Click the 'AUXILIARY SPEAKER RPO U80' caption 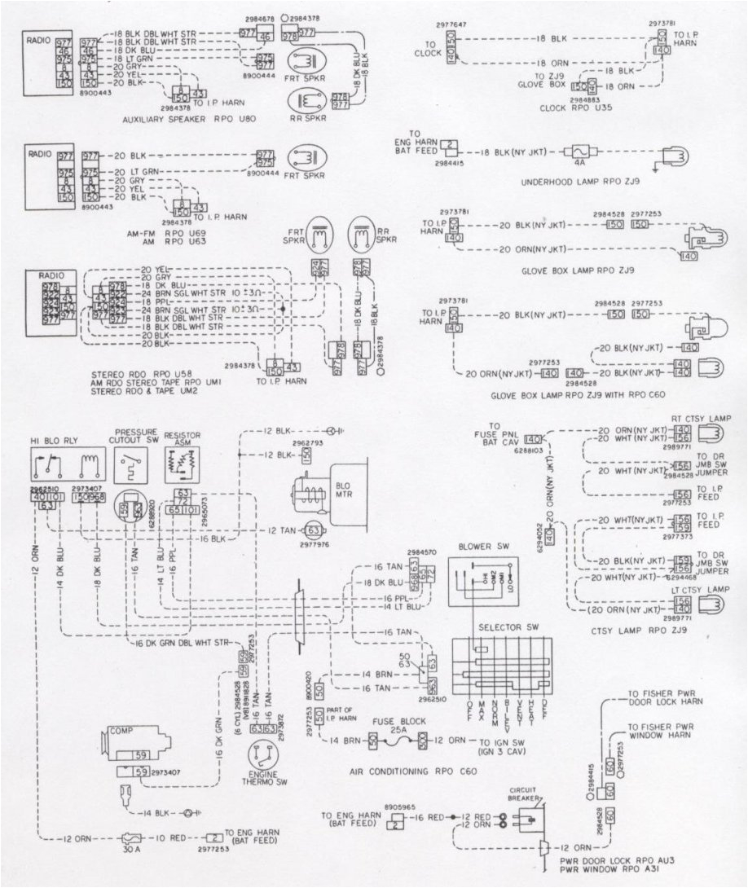[x=188, y=119]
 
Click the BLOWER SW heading [x=482, y=547]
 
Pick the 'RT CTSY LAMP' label [x=702, y=417]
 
